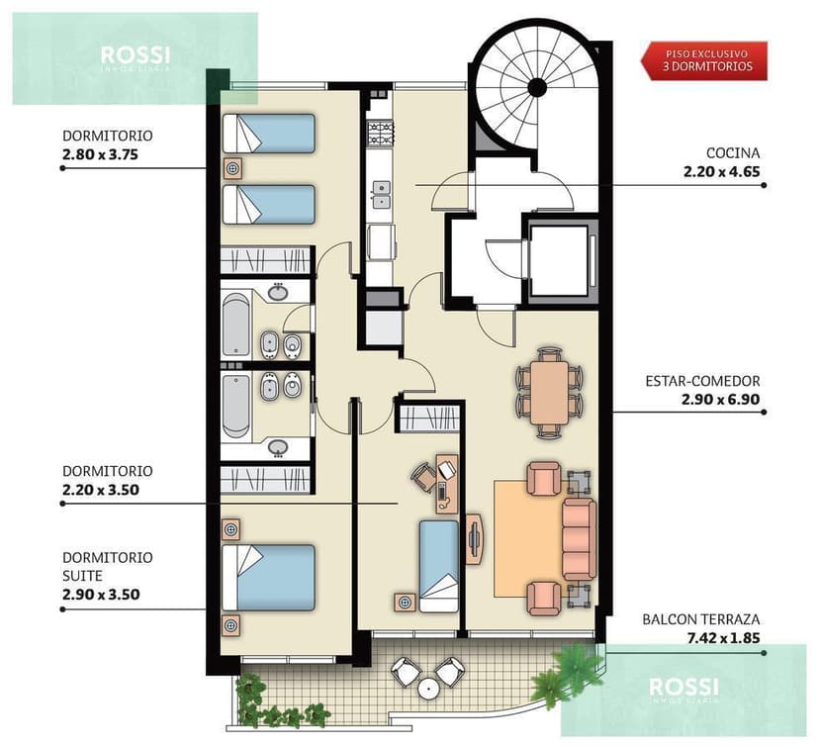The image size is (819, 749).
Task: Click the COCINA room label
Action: coord(733,153)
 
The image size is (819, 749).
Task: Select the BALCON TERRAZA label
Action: coord(700,619)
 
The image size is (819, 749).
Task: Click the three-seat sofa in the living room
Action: coord(579,539)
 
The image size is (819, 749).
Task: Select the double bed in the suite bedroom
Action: coord(270,577)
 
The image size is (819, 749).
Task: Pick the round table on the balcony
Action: coord(428,687)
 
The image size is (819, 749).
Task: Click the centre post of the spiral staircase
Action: coord(537,87)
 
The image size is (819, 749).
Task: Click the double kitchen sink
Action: coord(380,195)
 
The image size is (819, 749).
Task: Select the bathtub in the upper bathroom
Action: coord(236,324)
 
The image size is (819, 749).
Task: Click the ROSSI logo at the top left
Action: coord(135,57)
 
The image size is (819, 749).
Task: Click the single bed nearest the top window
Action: coord(269,134)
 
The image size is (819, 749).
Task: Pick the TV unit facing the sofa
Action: coord(474,539)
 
